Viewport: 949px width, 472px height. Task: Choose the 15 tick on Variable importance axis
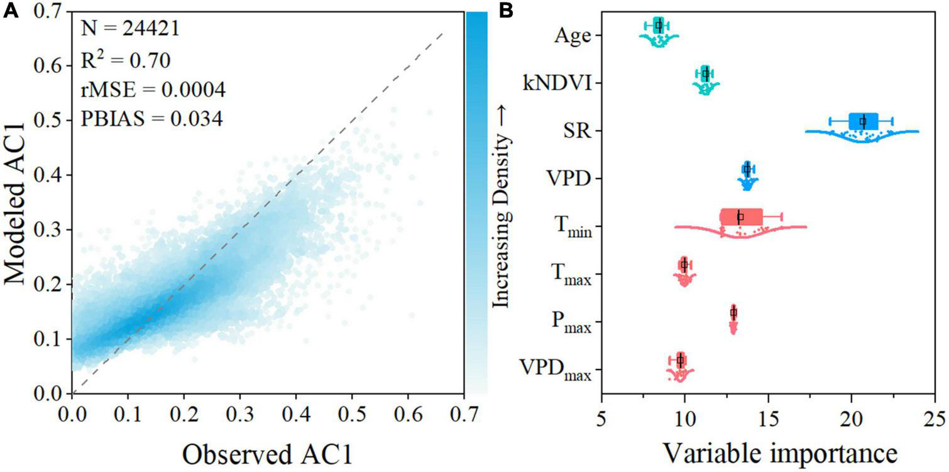[x=768, y=415]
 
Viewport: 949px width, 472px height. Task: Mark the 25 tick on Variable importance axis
[x=934, y=415]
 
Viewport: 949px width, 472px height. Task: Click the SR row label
[x=579, y=131]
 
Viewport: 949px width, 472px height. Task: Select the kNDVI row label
[x=557, y=83]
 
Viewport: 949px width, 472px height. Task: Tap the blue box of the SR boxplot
[x=863, y=121]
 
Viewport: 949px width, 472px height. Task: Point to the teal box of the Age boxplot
[x=658, y=25]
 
